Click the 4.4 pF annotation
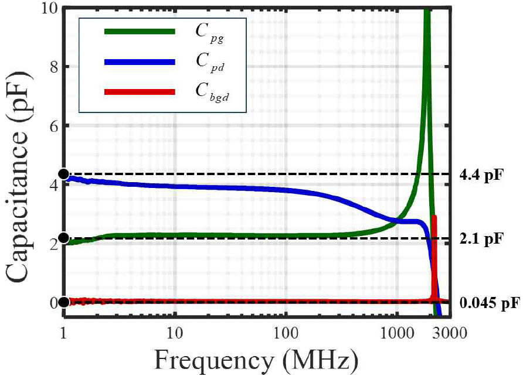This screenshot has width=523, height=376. [x=481, y=175]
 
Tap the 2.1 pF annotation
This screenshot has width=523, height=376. [x=481, y=239]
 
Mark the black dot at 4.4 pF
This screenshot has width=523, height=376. [x=64, y=174]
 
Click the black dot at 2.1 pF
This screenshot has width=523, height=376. [x=64, y=238]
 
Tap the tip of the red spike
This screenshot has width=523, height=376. [x=434, y=217]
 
